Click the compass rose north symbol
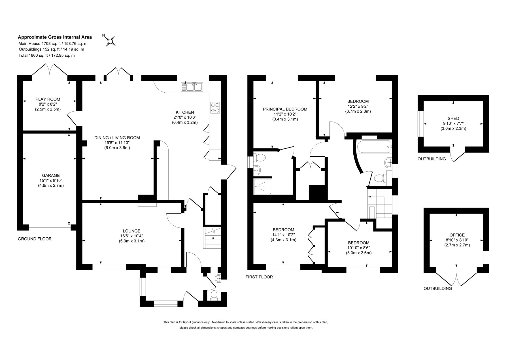pyautogui.click(x=110, y=41)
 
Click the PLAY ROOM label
pyautogui.click(x=48, y=99)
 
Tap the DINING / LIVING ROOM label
pyautogui.click(x=117, y=138)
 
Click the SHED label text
pyautogui.click(x=453, y=118)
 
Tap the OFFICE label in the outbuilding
pyautogui.click(x=457, y=235)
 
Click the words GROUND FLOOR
pyautogui.click(x=35, y=239)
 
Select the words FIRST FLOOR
pyautogui.click(x=259, y=277)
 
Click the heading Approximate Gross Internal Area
pyautogui.click(x=55, y=37)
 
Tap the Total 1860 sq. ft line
pyautogui.click(x=46, y=56)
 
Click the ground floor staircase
pyautogui.click(x=212, y=238)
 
